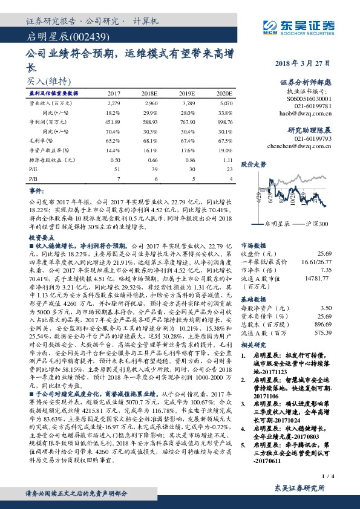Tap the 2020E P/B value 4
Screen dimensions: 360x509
pyautogui.click(x=229, y=180)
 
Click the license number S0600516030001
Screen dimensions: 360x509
pyautogui.click(x=310, y=98)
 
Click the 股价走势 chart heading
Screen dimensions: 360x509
pyautogui.click(x=254, y=164)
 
